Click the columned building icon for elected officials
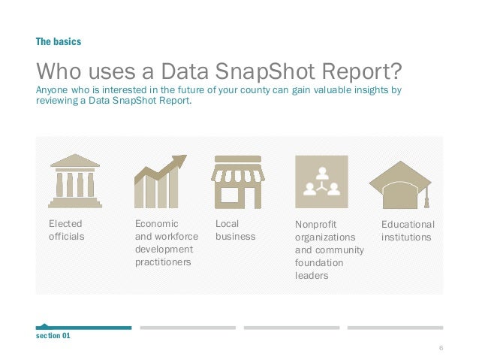tap(74, 181)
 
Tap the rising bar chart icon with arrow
tap(159, 181)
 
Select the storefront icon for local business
tap(236, 181)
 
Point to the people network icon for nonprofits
tap(321, 181)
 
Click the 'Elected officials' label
tap(66, 230)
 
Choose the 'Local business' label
tap(235, 230)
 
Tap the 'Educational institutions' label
tap(408, 230)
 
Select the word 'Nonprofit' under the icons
tap(316, 224)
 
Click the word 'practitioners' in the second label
tap(162, 262)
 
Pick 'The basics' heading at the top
tap(58, 42)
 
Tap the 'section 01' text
tap(53, 336)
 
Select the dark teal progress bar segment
tap(83, 328)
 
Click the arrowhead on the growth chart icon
tap(180, 160)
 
